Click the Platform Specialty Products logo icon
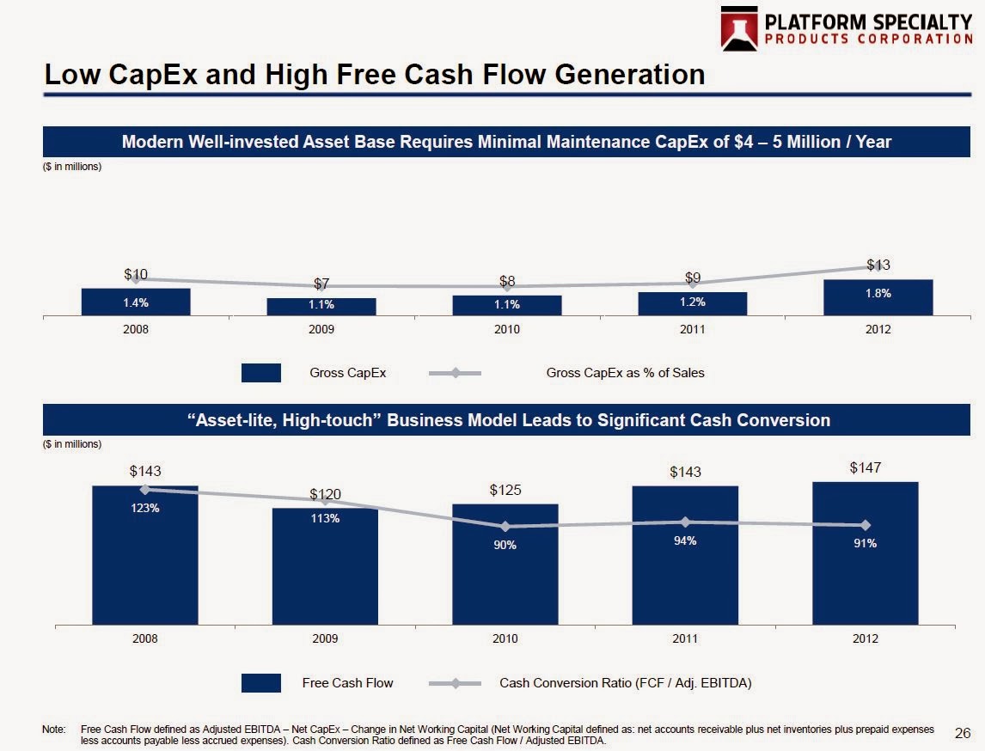(x=740, y=29)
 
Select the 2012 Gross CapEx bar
(x=878, y=297)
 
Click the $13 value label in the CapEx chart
(x=878, y=265)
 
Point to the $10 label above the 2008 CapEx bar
(x=136, y=275)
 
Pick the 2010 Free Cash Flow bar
(x=505, y=567)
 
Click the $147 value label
(x=866, y=467)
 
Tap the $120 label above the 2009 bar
(x=326, y=494)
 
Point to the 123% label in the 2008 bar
(x=145, y=508)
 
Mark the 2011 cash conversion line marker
(x=685, y=522)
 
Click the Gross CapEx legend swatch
(x=260, y=373)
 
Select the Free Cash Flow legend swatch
(x=260, y=683)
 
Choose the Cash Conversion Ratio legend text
(x=625, y=683)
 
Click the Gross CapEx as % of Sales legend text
(x=625, y=373)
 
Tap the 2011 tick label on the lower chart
(x=685, y=639)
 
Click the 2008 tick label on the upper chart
(x=136, y=329)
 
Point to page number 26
(x=963, y=733)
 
